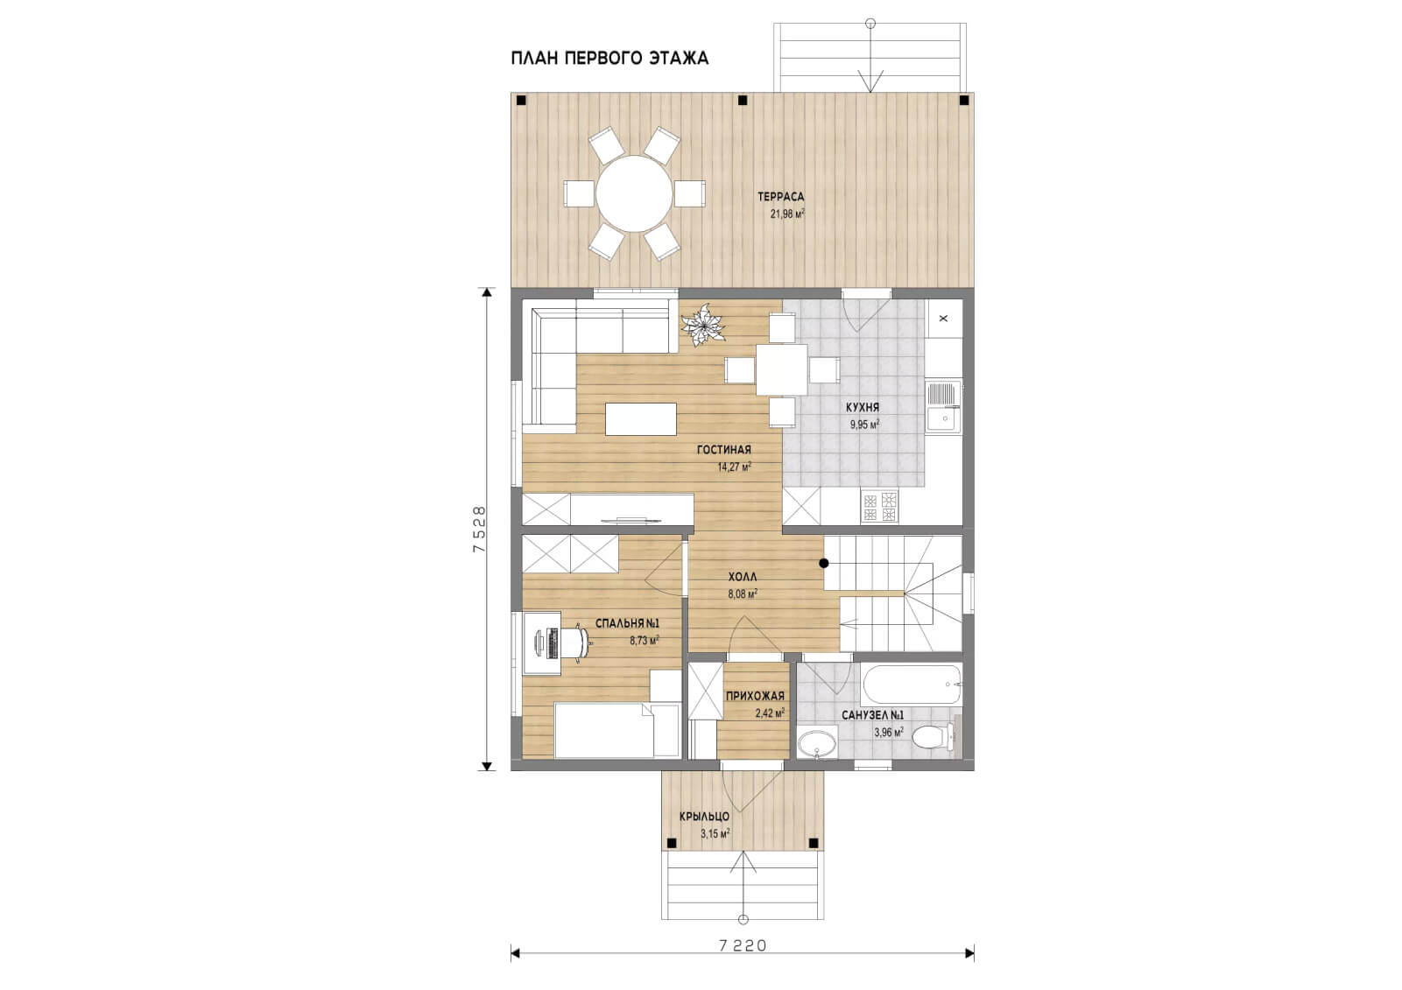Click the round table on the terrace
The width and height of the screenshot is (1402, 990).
pos(634,194)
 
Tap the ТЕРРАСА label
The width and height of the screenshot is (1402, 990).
pos(780,196)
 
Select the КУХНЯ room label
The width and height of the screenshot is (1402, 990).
pos(863,407)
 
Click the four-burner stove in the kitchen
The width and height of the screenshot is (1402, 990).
pos(879,507)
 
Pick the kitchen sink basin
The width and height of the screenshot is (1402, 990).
pos(943,418)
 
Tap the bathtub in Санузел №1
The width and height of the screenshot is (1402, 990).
pos(912,685)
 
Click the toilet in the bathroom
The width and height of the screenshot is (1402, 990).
pos(933,736)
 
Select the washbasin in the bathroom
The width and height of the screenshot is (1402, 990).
pos(818,743)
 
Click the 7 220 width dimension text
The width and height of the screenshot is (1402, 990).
pos(743,945)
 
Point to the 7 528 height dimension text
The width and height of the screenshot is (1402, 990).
pos(479,529)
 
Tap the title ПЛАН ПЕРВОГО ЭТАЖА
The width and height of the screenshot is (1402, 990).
pos(609,58)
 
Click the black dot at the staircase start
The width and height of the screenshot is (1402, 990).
pos(824,563)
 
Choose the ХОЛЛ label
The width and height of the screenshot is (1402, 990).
pos(743,576)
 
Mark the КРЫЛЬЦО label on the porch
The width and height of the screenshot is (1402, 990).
pos(705,817)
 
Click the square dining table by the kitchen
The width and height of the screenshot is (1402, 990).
pos(782,369)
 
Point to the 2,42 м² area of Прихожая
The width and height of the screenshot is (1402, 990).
pos(771,713)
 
